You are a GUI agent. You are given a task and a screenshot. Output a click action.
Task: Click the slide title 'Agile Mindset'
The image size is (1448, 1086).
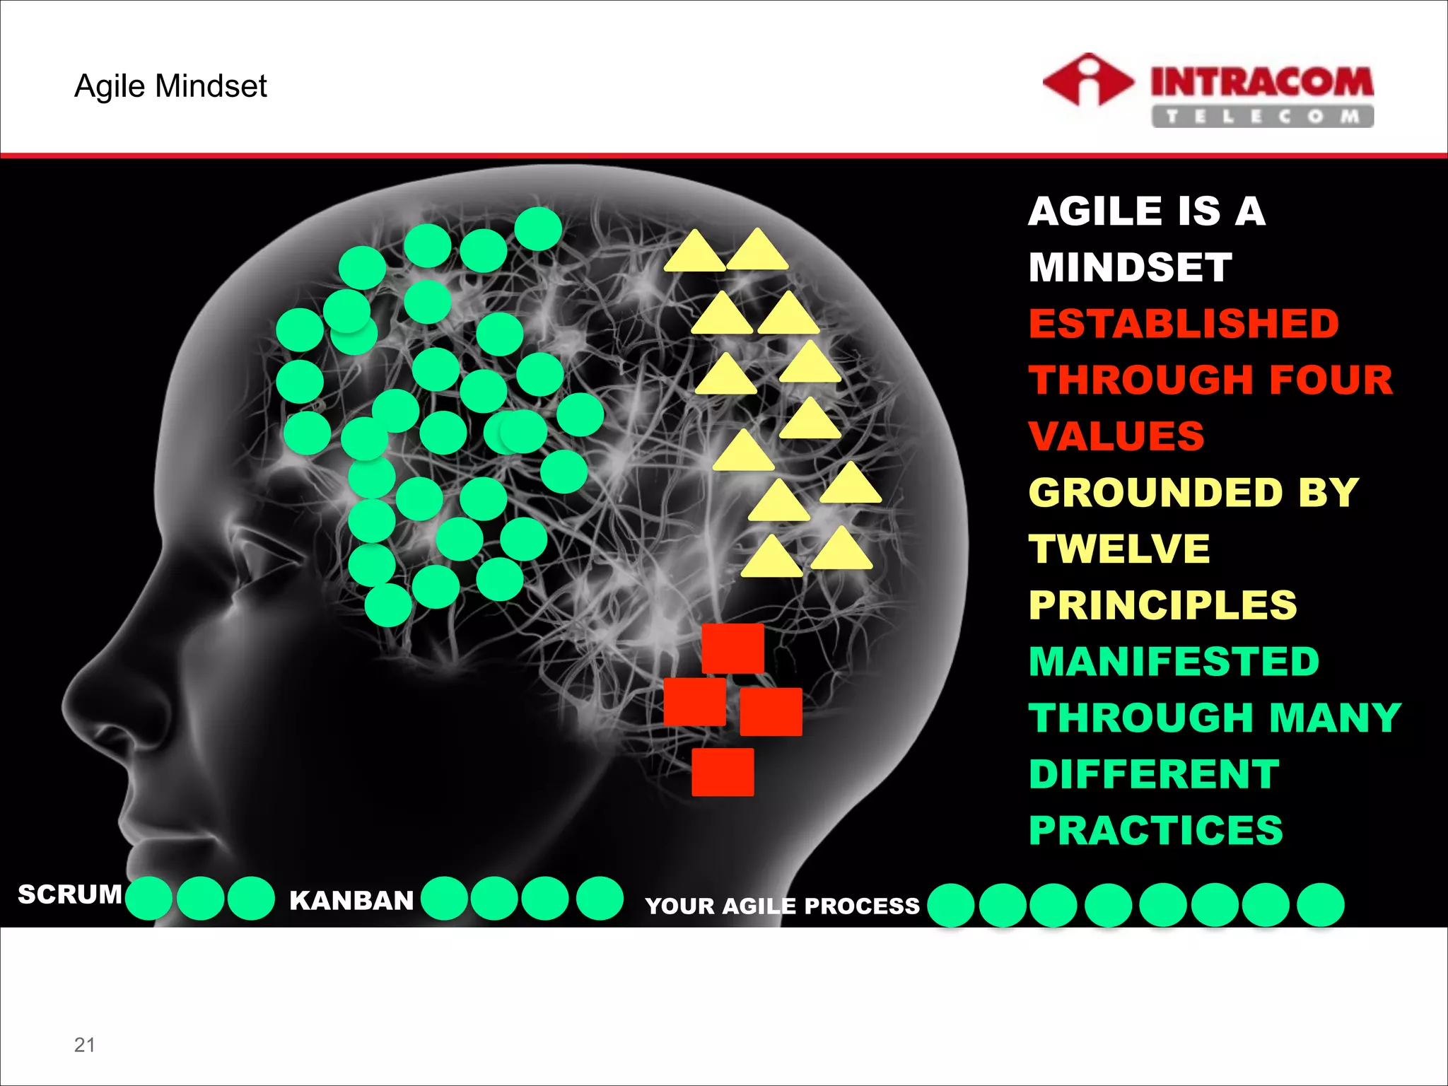click(x=170, y=86)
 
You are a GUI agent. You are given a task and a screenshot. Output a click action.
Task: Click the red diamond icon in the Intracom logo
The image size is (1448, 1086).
click(x=1087, y=81)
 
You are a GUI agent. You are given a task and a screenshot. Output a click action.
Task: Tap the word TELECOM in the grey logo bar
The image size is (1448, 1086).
click(x=1262, y=117)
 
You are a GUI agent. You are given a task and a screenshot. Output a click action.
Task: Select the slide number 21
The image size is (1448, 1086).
click(x=84, y=1044)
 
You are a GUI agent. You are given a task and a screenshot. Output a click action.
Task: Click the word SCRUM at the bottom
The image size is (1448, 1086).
click(x=70, y=894)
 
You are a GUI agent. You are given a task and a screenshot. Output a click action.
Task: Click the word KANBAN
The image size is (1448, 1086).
click(x=351, y=900)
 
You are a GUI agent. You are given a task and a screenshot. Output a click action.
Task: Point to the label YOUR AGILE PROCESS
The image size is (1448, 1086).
click(x=782, y=906)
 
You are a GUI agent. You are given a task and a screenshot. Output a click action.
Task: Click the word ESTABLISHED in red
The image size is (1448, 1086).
click(x=1184, y=324)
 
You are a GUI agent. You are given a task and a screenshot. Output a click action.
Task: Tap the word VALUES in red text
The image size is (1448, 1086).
click(x=1116, y=436)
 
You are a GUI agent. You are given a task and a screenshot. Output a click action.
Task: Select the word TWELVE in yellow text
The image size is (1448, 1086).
click(x=1119, y=549)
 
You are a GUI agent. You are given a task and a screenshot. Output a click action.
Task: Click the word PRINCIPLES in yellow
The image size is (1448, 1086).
click(x=1162, y=605)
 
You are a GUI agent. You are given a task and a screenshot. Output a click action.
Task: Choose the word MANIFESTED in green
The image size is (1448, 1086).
click(x=1174, y=661)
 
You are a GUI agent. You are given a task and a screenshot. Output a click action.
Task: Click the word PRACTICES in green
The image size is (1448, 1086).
click(x=1155, y=830)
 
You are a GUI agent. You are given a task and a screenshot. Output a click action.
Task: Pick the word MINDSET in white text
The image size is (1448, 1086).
click(x=1130, y=267)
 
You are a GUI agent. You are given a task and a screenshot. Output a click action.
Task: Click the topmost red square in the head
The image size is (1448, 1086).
click(x=732, y=648)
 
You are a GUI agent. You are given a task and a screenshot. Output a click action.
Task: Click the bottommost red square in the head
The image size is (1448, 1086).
click(x=723, y=772)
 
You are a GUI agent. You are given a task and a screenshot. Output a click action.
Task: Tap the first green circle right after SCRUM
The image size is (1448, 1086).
click(x=148, y=898)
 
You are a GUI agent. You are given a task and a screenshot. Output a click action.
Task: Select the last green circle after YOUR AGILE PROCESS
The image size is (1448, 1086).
click(x=1320, y=904)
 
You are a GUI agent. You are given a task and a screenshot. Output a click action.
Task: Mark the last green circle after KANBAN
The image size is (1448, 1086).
click(x=600, y=898)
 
